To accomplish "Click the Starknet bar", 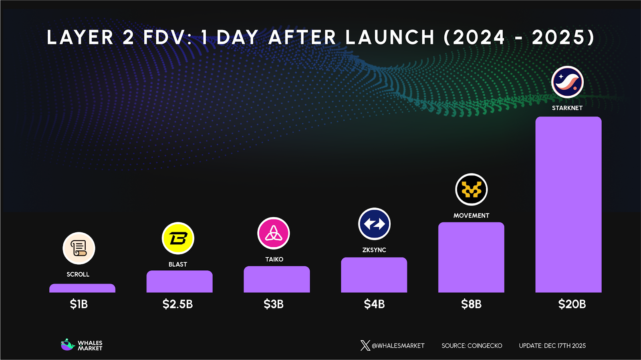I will (x=568, y=204).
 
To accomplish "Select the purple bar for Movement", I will (x=471, y=257).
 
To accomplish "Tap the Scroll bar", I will (x=82, y=288).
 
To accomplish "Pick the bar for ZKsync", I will (x=374, y=275).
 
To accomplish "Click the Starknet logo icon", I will (x=567, y=82).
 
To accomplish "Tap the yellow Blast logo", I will (x=178, y=238).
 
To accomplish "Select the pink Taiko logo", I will (x=274, y=233).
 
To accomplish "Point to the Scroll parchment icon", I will (x=79, y=248).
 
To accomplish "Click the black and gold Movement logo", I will (x=472, y=189).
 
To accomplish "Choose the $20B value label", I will (x=572, y=304).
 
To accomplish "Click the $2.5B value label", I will (x=177, y=304).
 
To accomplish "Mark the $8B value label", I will (x=471, y=304).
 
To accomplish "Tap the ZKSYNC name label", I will (x=374, y=250).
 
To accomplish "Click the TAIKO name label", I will (x=274, y=259).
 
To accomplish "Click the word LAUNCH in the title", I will (x=389, y=38).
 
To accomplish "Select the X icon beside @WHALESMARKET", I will (x=365, y=346).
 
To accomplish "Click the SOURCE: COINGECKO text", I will (x=472, y=346).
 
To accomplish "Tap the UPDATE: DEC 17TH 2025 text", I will (x=552, y=346).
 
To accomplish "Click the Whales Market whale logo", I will (x=68, y=345).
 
